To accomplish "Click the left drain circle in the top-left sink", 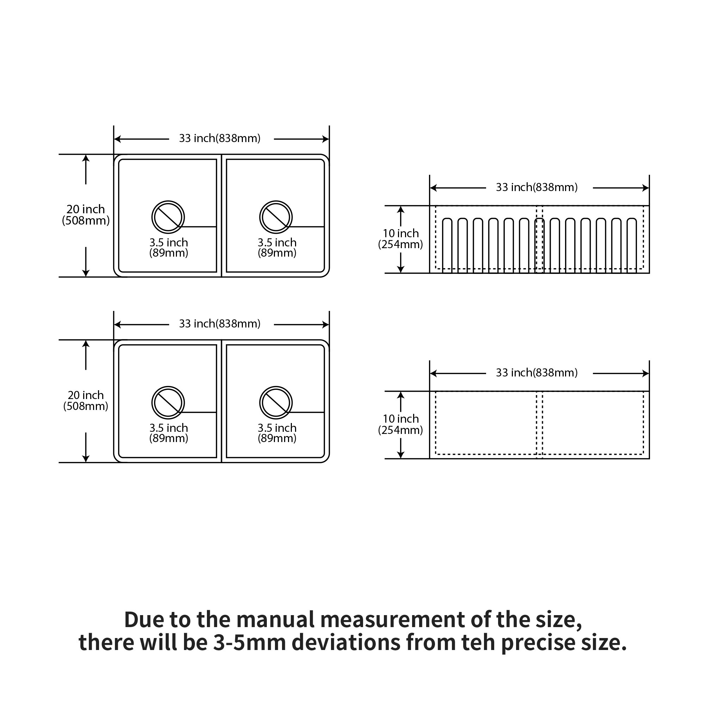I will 168,217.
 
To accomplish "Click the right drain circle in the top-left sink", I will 276,217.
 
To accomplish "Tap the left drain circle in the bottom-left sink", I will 168,403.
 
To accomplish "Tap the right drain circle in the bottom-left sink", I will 276,403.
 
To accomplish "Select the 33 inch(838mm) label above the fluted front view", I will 537,188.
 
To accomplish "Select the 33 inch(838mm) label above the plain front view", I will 537,373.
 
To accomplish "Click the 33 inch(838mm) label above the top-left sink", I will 220,139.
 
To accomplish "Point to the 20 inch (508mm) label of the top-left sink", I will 86,215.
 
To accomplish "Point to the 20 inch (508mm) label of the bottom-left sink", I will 86,401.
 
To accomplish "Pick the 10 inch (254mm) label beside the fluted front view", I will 400,239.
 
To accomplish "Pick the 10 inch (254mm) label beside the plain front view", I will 400,424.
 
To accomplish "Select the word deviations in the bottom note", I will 346,652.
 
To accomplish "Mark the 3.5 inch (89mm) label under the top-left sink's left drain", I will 168,248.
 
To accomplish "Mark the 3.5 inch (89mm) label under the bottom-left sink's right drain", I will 277,433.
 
